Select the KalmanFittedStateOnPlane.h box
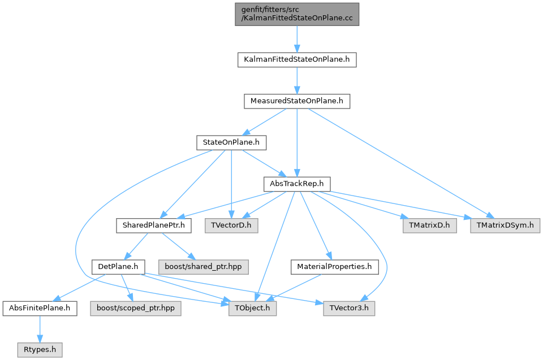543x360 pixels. click(x=297, y=59)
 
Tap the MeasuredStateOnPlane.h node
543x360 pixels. click(x=297, y=101)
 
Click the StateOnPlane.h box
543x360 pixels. click(x=231, y=142)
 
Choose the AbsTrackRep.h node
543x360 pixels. click(x=297, y=184)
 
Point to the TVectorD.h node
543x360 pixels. click(x=231, y=225)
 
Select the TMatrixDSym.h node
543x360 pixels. click(x=505, y=225)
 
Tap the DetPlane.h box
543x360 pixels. click(x=118, y=266)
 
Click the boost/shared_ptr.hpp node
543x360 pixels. click(x=202, y=266)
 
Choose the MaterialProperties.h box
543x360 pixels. click(x=334, y=266)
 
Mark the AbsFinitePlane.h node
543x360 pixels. click(x=40, y=309)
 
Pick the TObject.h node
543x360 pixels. click(x=253, y=309)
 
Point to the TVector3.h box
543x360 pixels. click(x=348, y=309)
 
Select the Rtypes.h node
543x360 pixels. click(x=40, y=350)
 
